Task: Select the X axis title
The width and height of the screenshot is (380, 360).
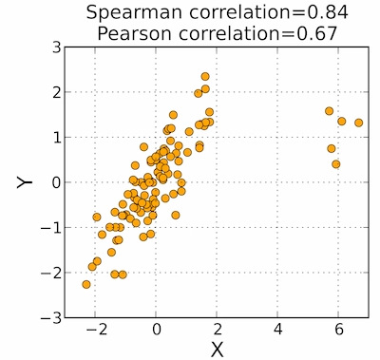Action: point(217,349)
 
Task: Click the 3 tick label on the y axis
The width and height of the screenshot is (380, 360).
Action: point(57,47)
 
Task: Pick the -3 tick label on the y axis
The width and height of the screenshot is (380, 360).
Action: point(53,317)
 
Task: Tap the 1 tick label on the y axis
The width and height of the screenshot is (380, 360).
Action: point(57,137)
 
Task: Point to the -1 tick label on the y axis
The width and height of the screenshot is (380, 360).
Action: point(53,227)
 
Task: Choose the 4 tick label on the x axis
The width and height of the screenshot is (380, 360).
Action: point(278,329)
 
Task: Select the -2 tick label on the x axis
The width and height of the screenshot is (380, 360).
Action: point(93,329)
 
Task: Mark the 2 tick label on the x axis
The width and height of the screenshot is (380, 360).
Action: point(218,329)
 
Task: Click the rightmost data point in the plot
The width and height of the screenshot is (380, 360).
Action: point(359,123)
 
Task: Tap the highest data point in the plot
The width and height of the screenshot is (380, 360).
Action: point(205,76)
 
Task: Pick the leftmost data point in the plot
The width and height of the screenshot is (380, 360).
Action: point(86,284)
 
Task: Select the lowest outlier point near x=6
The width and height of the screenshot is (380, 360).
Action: point(336,164)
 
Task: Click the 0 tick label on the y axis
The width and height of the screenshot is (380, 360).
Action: point(57,181)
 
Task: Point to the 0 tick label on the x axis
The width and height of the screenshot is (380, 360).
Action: point(157,329)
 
